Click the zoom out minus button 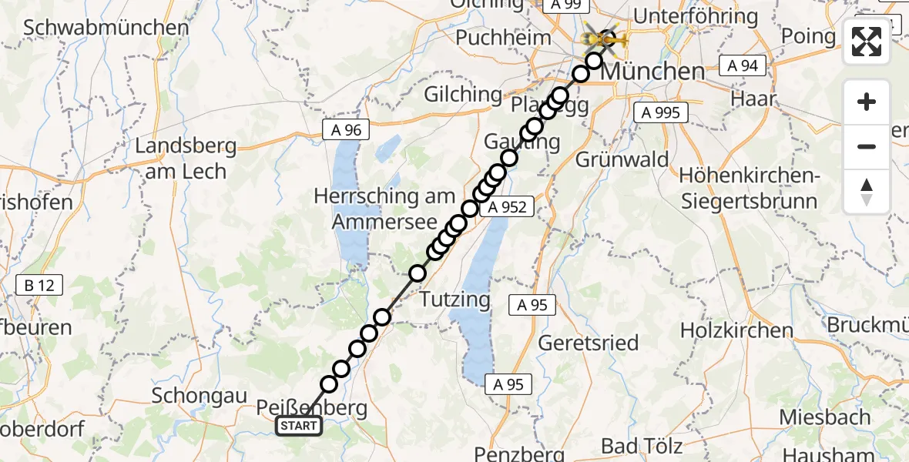click(867, 146)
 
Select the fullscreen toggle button click(867, 42)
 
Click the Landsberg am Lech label click(185, 158)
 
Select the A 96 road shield click(346, 130)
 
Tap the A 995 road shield click(660, 112)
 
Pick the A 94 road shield click(743, 66)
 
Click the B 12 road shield click(39, 286)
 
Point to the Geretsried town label click(588, 342)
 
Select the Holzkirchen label click(736, 330)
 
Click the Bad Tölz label click(642, 446)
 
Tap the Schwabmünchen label click(106, 28)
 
